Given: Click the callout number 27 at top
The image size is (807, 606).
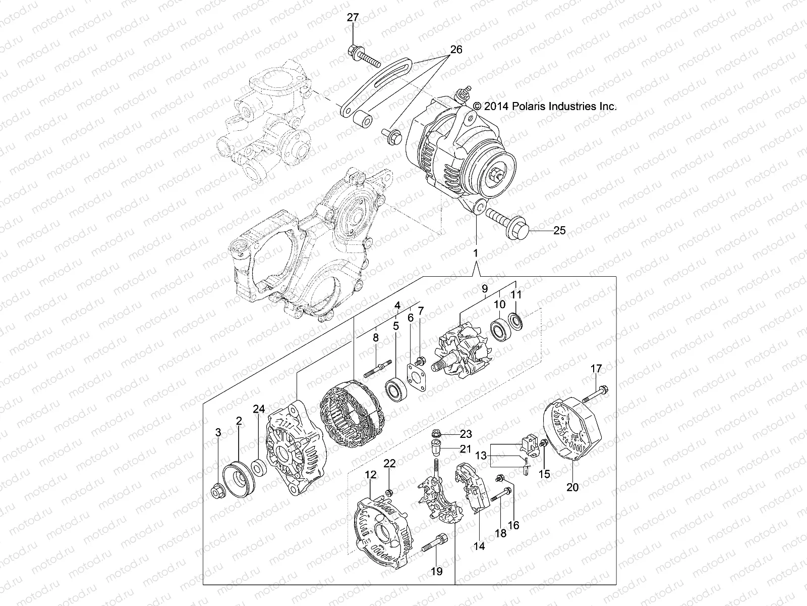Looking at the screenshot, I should click(353, 18).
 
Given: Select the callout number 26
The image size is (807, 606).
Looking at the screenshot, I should click(455, 49).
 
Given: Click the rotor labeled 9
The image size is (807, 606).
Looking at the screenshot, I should click(463, 352).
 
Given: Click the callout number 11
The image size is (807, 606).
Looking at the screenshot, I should click(516, 294).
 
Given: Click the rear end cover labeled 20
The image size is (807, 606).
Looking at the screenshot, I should click(573, 433).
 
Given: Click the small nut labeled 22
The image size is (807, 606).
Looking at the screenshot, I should click(389, 492).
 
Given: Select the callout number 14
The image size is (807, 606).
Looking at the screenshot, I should click(479, 546).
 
